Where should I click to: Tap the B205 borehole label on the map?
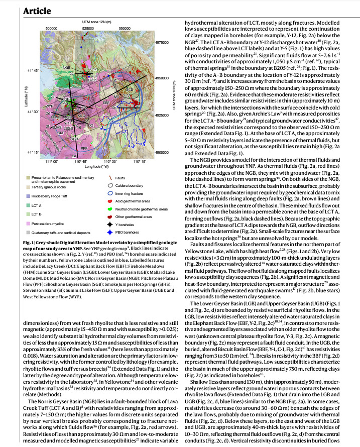[92, 79]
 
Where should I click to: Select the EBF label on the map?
[106, 102]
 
